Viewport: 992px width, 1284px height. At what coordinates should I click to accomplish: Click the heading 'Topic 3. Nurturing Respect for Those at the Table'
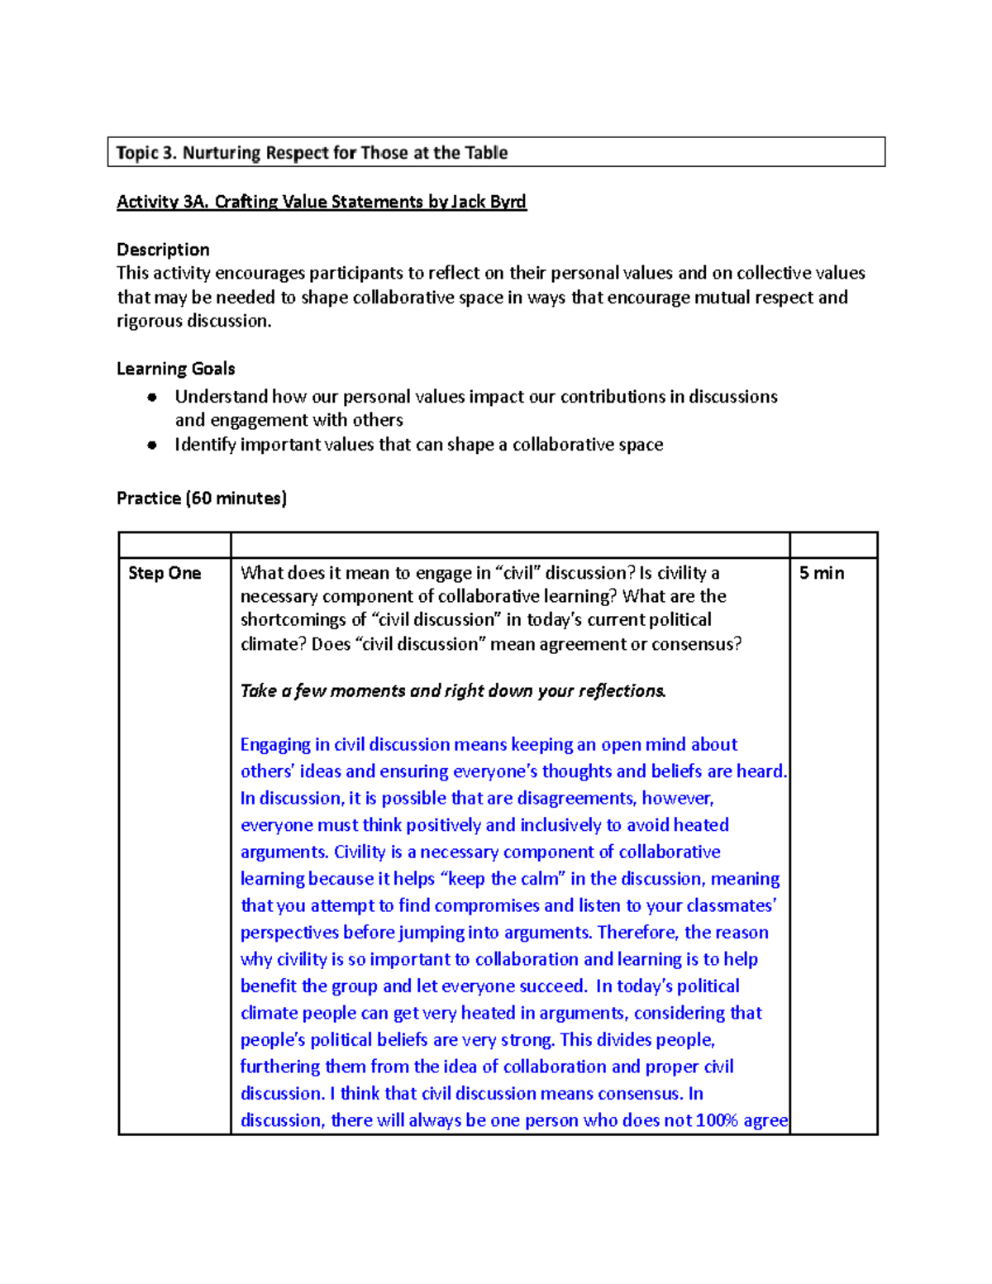pos(312,153)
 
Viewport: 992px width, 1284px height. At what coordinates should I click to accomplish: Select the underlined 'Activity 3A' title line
pos(321,202)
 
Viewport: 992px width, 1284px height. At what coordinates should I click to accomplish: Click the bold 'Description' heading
pos(163,250)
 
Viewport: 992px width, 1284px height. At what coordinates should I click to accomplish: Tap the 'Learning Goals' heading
pos(175,369)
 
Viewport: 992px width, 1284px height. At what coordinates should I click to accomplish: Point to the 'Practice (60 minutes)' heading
pos(202,498)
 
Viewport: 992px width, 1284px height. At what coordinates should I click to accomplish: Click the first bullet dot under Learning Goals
pos(152,397)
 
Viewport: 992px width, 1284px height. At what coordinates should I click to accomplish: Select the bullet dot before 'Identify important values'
pos(152,445)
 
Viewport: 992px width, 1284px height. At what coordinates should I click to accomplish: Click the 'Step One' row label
pos(165,573)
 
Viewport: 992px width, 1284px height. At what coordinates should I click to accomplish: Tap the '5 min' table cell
pos(822,573)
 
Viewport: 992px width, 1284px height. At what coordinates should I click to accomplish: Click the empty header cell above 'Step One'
pos(174,545)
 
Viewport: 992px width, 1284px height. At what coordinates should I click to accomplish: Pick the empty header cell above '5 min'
pos(833,545)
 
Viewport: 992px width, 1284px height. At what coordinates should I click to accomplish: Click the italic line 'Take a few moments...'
pos(453,691)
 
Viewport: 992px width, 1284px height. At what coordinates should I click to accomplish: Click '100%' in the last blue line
pos(716,1120)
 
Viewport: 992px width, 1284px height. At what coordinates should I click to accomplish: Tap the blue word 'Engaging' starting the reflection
pos(275,745)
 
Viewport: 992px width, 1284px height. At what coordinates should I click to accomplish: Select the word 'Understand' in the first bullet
pos(221,397)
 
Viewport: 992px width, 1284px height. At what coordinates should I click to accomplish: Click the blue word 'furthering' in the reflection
pos(279,1067)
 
